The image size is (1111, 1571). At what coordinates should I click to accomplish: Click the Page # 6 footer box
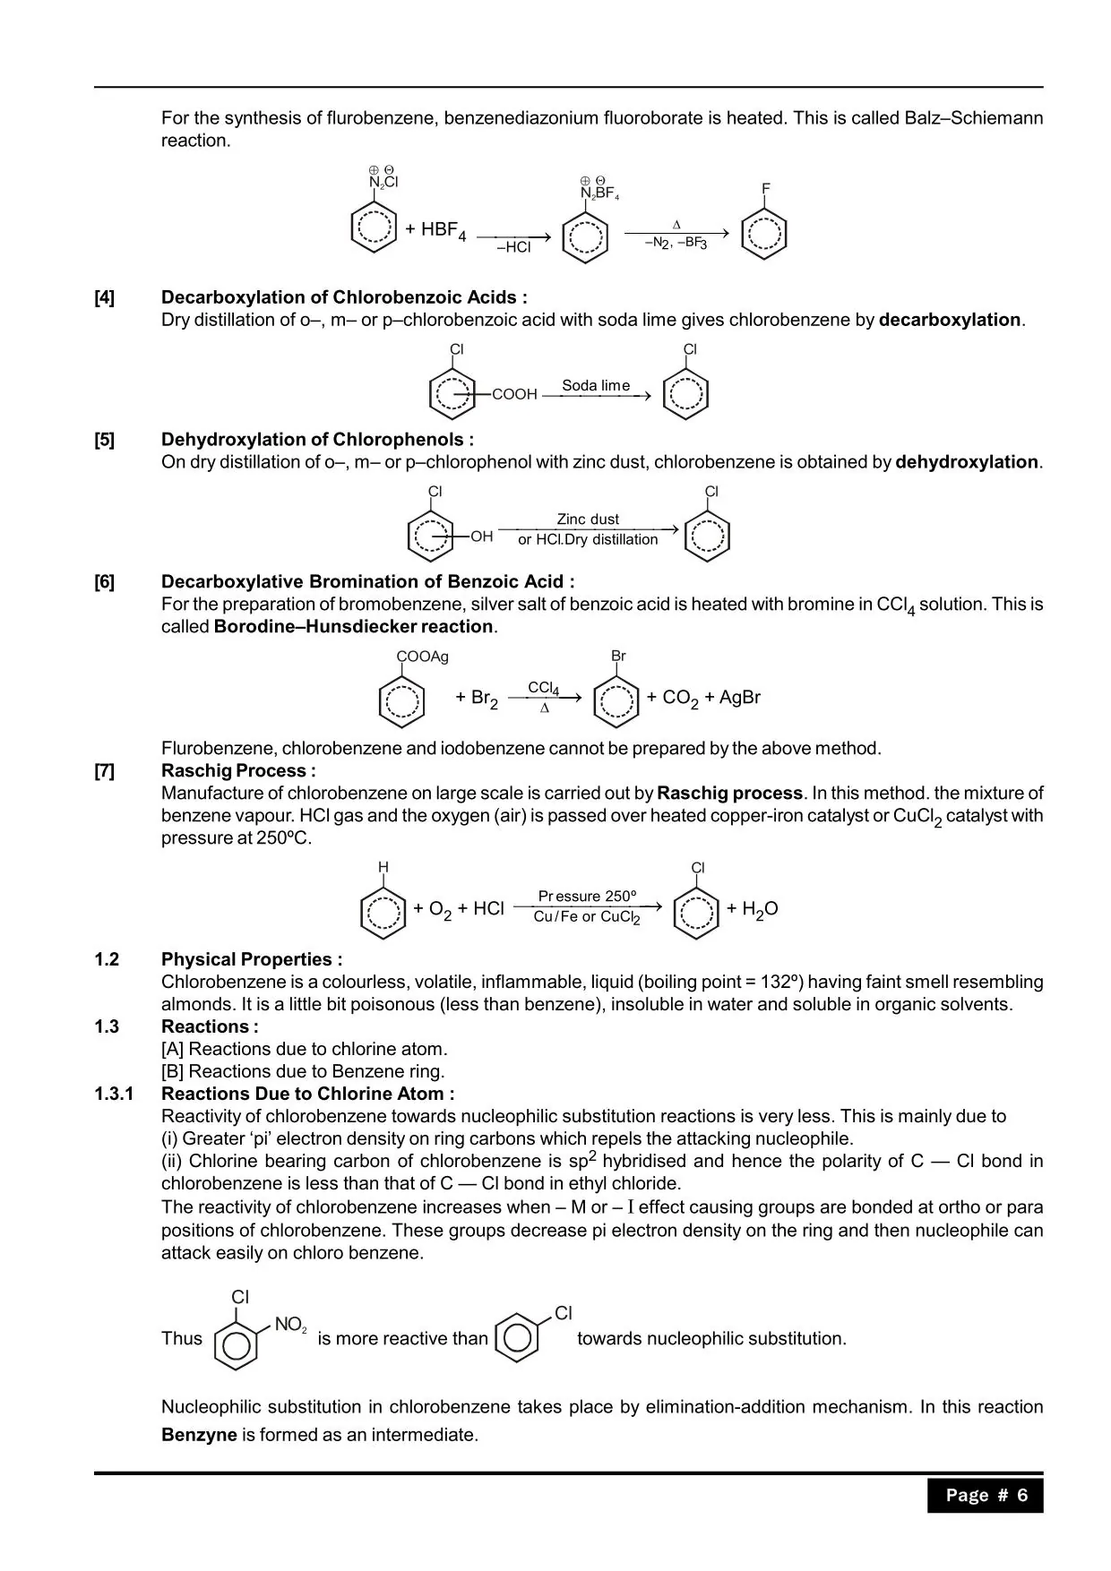[x=986, y=1495]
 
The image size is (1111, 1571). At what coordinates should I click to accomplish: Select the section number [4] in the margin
[x=105, y=297]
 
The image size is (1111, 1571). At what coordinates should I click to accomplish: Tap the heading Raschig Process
[x=237, y=770]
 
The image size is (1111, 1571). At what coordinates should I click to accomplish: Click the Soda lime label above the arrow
[x=595, y=385]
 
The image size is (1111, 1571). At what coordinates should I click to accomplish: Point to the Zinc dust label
[x=588, y=519]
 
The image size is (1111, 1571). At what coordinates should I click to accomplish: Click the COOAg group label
[x=422, y=657]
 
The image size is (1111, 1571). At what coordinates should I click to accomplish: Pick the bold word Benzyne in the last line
[x=199, y=1435]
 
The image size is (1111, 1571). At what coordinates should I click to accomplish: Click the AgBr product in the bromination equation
[x=739, y=697]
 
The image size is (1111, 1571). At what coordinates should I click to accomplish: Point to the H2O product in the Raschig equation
[x=759, y=909]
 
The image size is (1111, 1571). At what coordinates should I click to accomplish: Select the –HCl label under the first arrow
[x=513, y=247]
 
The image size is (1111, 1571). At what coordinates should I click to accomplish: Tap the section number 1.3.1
[x=114, y=1094]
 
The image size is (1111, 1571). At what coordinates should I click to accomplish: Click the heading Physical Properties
[x=251, y=959]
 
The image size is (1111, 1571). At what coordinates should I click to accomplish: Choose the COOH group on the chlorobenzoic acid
[x=514, y=394]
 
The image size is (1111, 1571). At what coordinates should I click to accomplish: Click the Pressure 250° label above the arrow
[x=587, y=896]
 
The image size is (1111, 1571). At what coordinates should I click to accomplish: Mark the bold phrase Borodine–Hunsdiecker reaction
[x=353, y=626]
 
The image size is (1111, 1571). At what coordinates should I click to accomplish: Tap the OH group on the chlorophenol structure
[x=481, y=537]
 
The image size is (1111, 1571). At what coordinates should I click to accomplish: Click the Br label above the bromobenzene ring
[x=618, y=657]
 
